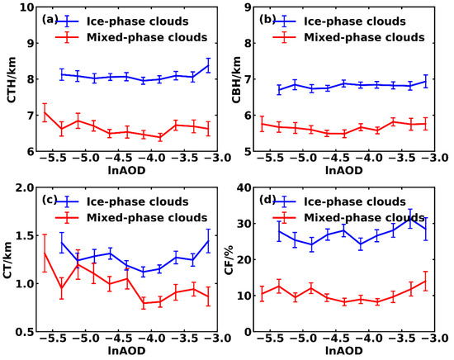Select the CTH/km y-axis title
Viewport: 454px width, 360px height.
point(11,79)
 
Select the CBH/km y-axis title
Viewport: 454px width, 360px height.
point(239,79)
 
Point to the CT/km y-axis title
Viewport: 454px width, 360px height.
point(11,259)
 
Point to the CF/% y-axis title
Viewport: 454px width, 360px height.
point(239,259)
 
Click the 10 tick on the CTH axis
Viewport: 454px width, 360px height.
point(26,7)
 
